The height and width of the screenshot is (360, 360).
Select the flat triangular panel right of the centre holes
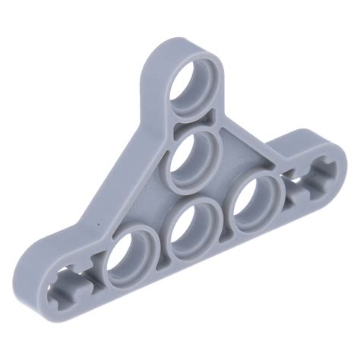tap(242, 156)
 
